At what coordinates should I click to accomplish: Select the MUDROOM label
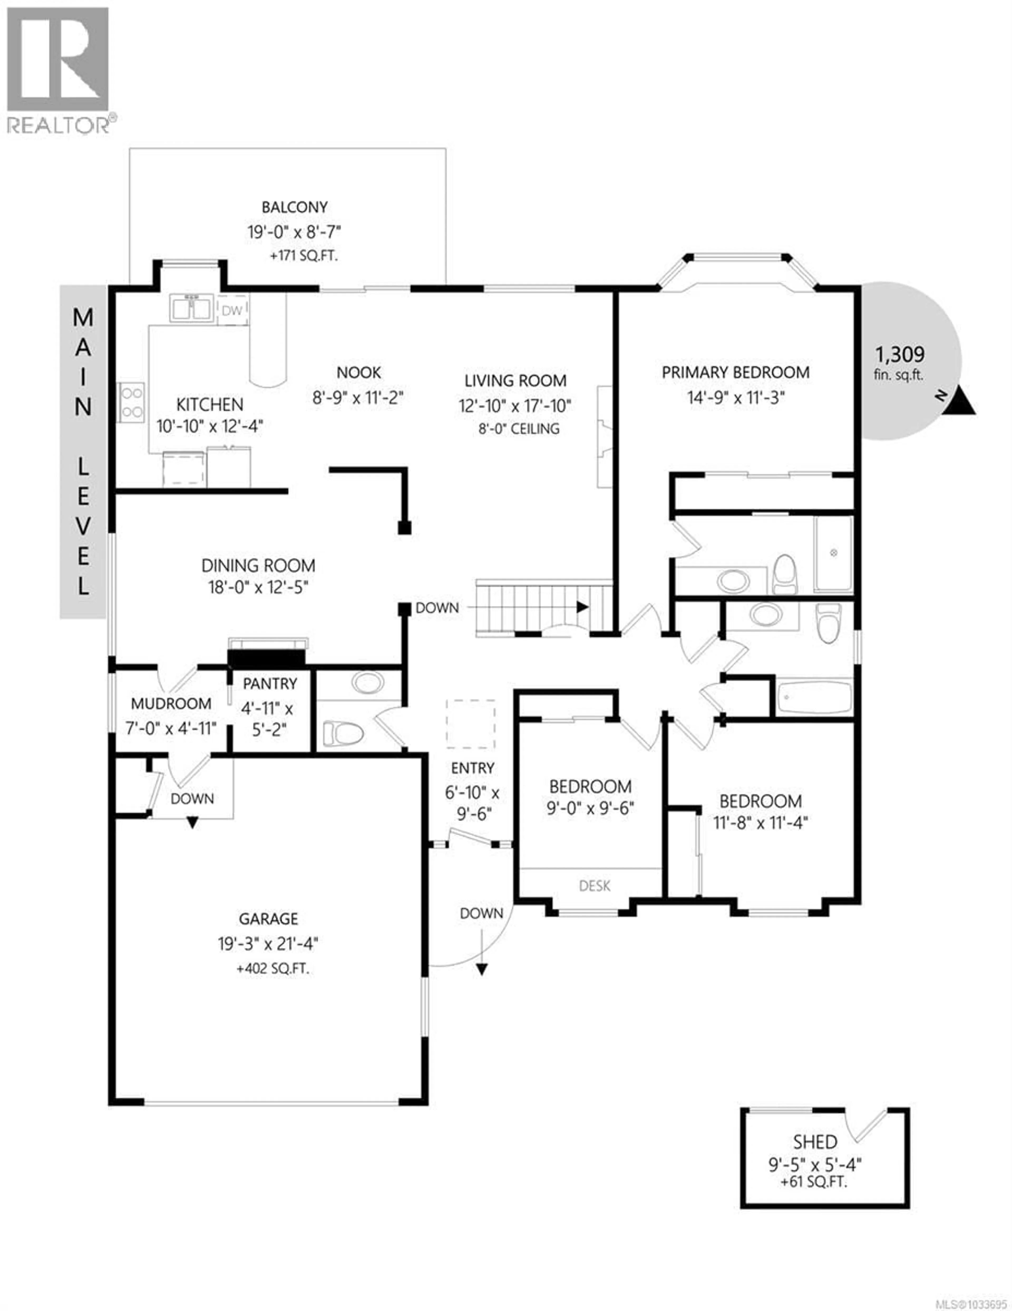(x=171, y=704)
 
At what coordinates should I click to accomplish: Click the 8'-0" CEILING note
(x=519, y=429)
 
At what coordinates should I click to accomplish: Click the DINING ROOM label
(x=258, y=565)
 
